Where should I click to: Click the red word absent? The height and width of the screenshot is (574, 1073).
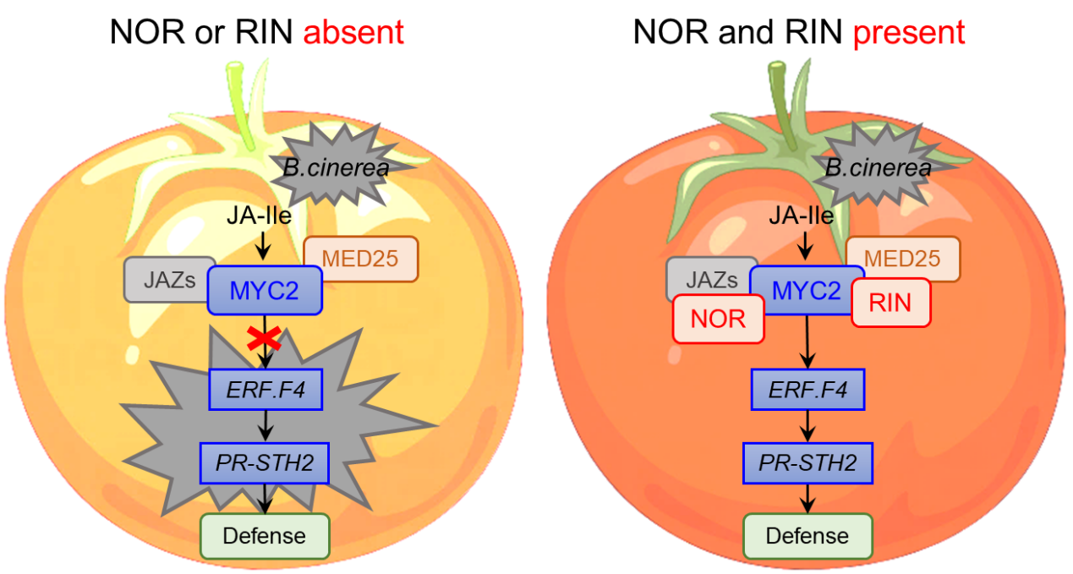pyautogui.click(x=353, y=33)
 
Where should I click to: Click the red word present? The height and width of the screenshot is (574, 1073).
pyautogui.click(x=908, y=33)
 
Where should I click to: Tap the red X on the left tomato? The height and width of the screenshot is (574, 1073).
pyautogui.click(x=265, y=339)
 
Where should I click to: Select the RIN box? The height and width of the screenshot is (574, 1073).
pyautogui.click(x=890, y=302)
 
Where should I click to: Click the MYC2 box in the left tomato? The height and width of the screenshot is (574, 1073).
pyautogui.click(x=265, y=290)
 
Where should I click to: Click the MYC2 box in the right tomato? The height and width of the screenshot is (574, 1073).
pyautogui.click(x=807, y=290)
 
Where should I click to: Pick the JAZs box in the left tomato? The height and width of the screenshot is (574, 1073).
pyautogui.click(x=169, y=280)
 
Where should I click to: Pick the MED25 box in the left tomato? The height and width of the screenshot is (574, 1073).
pyautogui.click(x=361, y=258)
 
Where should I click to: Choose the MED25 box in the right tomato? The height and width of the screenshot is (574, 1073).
pyautogui.click(x=903, y=258)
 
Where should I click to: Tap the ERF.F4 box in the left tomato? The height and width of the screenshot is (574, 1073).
pyautogui.click(x=266, y=389)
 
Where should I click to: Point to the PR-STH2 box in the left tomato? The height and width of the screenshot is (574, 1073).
pyautogui.click(x=264, y=462)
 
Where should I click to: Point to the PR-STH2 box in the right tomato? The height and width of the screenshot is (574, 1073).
pyautogui.click(x=807, y=462)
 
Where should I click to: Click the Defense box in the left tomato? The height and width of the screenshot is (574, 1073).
pyautogui.click(x=264, y=535)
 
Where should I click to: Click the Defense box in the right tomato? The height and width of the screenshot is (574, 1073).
pyautogui.click(x=807, y=535)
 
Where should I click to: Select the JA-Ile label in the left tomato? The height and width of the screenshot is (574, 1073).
pyautogui.click(x=259, y=216)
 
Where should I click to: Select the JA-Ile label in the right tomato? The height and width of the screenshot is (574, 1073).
pyautogui.click(x=801, y=216)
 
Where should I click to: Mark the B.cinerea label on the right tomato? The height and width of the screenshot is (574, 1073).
pyautogui.click(x=878, y=168)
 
